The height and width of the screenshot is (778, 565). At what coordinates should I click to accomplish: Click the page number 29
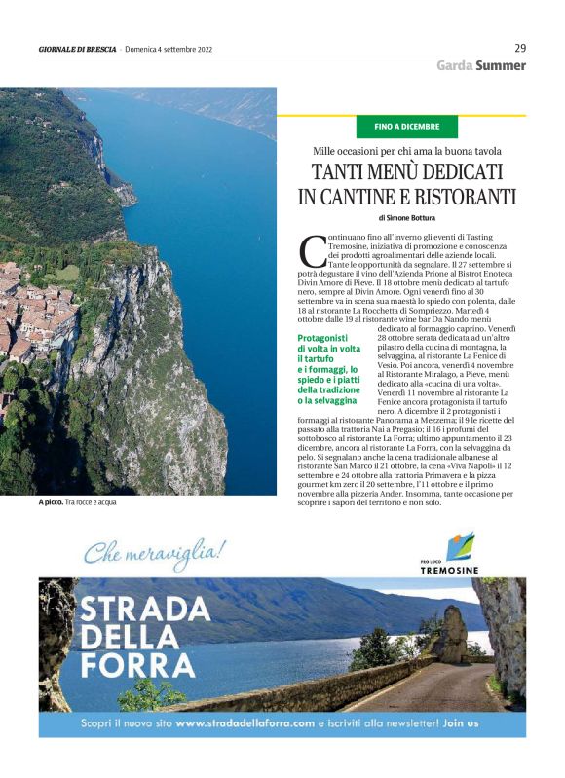[519, 48]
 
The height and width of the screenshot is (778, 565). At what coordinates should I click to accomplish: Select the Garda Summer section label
[480, 66]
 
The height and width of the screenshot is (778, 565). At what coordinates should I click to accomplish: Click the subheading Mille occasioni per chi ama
[406, 150]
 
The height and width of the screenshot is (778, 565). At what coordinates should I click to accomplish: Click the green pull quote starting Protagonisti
[329, 369]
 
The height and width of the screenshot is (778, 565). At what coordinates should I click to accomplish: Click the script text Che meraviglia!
[154, 553]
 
